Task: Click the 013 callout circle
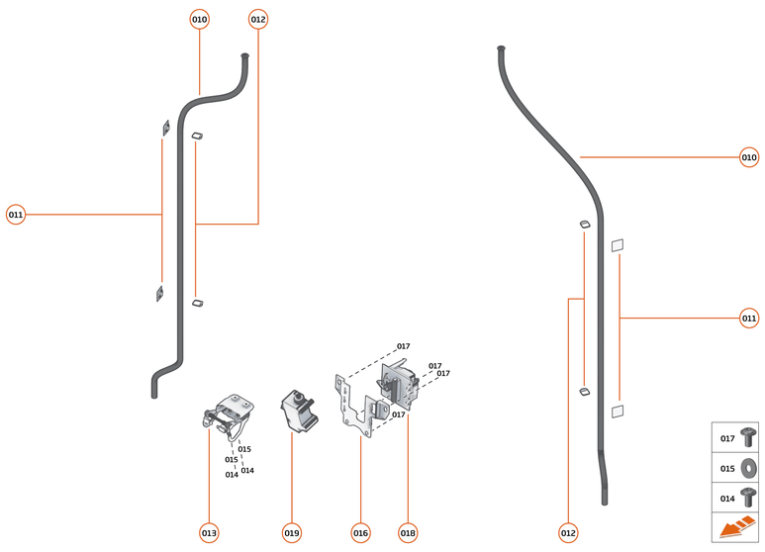[x=209, y=533]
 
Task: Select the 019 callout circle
[x=291, y=533]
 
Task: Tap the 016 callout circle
[x=360, y=533]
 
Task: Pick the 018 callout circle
[x=408, y=533]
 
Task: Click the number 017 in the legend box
[x=727, y=438]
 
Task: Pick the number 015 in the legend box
[x=727, y=469]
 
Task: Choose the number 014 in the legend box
[x=727, y=499]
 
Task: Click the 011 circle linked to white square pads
[x=749, y=318]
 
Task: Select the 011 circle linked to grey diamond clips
[x=16, y=215]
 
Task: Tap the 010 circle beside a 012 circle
[x=200, y=19]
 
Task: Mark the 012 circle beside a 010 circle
[x=258, y=19]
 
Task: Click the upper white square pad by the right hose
[x=618, y=244]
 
